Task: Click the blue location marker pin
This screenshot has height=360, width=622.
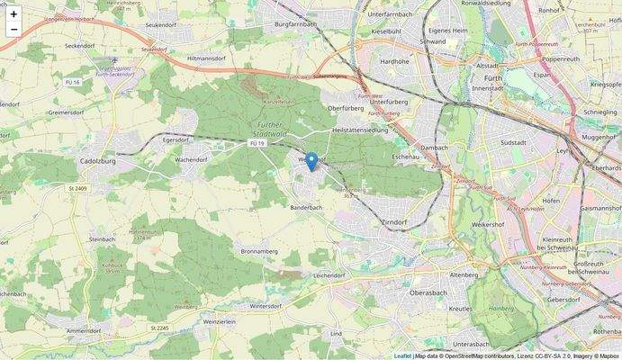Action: click(x=311, y=161)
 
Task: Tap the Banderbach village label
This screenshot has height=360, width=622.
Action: click(x=305, y=208)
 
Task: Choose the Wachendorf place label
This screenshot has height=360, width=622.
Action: click(x=191, y=158)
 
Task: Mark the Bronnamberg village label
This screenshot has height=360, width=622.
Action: click(x=258, y=251)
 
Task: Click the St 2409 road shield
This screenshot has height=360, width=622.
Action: click(x=78, y=188)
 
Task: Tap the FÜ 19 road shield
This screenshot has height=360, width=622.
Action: click(x=257, y=143)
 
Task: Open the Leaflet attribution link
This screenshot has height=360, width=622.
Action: click(x=402, y=355)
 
